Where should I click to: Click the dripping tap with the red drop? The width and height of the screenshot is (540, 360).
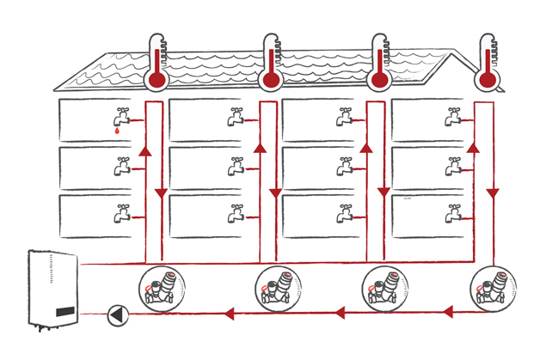[x=120, y=120]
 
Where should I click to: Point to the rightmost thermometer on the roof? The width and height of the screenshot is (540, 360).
[x=488, y=64]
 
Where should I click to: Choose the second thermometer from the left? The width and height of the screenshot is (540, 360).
[x=271, y=64]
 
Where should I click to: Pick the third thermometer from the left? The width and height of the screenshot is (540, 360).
[x=378, y=64]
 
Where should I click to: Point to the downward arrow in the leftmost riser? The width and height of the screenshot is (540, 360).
[x=161, y=194]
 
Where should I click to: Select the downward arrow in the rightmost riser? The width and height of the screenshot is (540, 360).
[x=493, y=194]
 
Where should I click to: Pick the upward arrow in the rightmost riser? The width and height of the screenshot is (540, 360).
[x=472, y=149]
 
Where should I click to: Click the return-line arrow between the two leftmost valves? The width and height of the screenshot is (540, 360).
[x=228, y=314]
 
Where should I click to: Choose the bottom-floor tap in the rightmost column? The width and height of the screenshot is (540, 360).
[x=452, y=212]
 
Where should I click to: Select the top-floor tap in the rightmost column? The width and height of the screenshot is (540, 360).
[x=452, y=118]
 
